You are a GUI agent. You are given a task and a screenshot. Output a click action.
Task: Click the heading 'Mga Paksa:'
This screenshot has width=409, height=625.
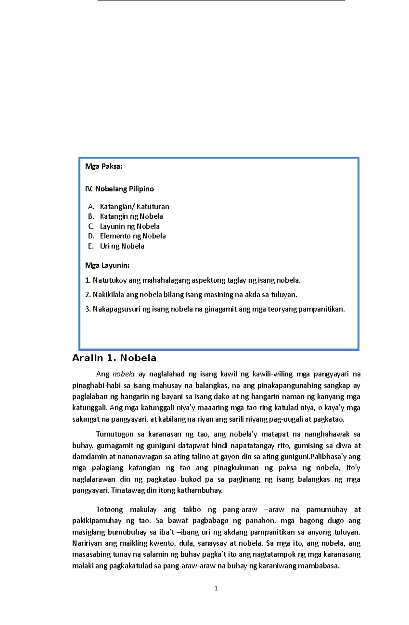point(104,167)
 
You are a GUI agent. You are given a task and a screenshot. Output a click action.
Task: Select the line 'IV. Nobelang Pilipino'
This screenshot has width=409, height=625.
point(119,189)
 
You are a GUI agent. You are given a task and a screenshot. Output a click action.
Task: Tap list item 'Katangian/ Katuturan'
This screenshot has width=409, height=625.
point(134,207)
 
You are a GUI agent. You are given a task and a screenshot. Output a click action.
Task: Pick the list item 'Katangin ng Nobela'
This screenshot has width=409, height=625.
point(131,216)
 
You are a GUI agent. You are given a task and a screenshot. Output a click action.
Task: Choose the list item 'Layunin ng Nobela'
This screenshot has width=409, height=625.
point(130,226)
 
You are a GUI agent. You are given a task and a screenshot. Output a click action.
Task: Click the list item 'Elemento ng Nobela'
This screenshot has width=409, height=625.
point(133,236)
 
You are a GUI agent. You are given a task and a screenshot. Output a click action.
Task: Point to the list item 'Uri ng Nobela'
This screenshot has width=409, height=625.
point(122,246)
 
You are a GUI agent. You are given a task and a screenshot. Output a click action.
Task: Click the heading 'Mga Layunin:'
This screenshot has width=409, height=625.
point(107,265)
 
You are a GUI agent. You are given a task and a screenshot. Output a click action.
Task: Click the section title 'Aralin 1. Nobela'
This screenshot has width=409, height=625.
point(114,358)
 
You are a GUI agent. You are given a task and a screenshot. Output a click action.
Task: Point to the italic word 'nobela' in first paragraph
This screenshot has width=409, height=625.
point(123,374)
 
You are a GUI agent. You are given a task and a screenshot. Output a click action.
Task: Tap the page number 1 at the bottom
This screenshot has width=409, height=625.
point(216,588)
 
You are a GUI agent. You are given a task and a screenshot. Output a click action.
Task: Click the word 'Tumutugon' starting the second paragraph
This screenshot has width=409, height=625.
point(115,434)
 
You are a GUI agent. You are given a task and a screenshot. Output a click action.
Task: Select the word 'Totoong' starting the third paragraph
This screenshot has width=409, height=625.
point(109,510)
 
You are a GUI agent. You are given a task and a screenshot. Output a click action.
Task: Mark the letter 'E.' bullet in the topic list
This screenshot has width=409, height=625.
point(91,246)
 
